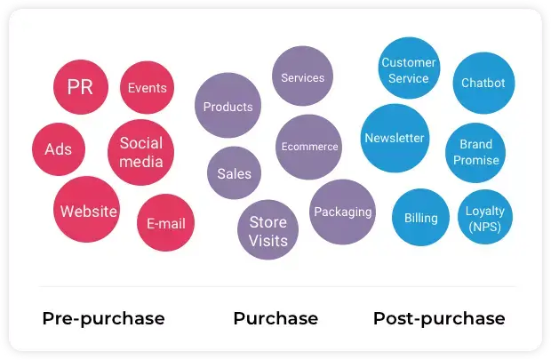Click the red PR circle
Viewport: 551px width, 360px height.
click(x=81, y=87)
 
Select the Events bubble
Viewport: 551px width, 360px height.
click(x=147, y=87)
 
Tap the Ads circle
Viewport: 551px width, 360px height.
click(x=59, y=149)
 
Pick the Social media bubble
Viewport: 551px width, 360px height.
click(x=141, y=152)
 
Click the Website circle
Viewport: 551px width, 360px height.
click(x=87, y=210)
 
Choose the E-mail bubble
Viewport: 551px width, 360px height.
click(x=165, y=223)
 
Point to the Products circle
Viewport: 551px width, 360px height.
click(x=228, y=106)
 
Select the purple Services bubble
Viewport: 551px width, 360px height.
click(x=302, y=76)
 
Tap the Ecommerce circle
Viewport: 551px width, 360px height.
click(x=309, y=147)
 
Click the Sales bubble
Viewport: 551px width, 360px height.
click(x=234, y=173)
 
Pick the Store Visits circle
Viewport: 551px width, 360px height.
click(x=268, y=230)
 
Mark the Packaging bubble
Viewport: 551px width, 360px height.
click(x=343, y=212)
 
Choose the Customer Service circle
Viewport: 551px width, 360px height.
click(x=409, y=68)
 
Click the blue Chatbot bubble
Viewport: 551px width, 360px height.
click(x=483, y=83)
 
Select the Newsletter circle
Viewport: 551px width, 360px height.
click(x=395, y=138)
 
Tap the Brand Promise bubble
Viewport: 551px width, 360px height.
click(x=475, y=153)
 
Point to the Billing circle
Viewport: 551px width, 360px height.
click(x=420, y=217)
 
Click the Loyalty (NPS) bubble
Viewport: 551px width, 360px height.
click(x=485, y=217)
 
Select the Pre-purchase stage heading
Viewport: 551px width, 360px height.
click(x=104, y=318)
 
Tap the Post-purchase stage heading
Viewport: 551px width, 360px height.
click(x=439, y=318)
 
